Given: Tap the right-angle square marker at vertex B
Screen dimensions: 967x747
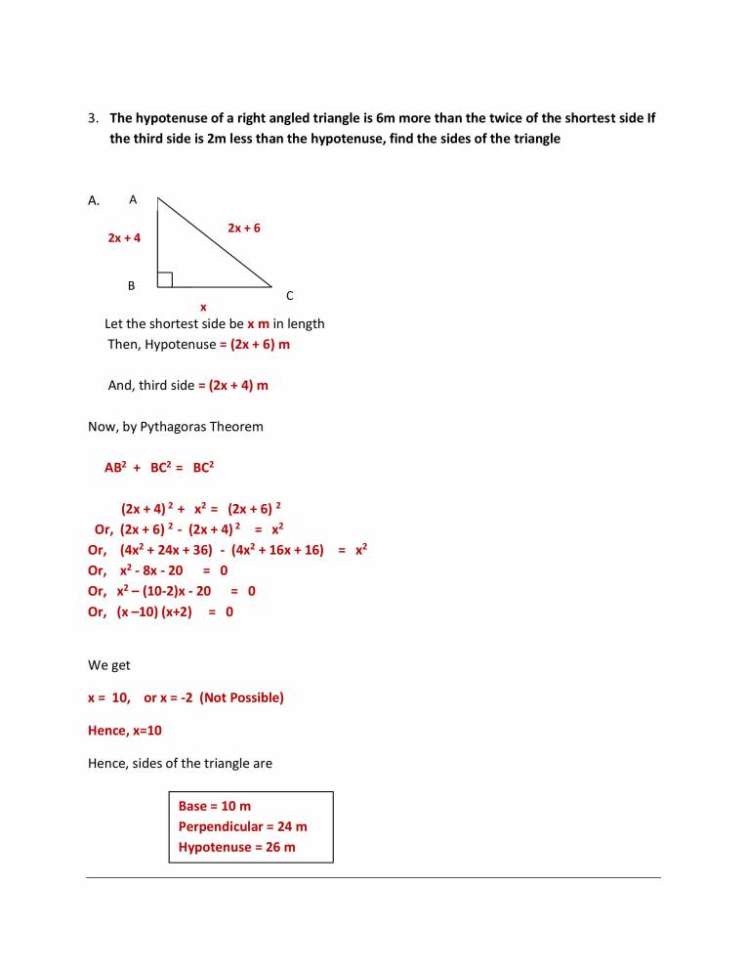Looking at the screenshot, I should click(x=165, y=280).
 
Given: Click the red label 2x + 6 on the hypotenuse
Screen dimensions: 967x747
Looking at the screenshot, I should click(x=244, y=228).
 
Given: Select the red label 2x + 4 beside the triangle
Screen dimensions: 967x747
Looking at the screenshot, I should click(x=124, y=237).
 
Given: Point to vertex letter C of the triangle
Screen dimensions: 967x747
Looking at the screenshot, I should click(x=289, y=295).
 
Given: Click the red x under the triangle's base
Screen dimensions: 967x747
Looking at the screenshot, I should click(x=203, y=307).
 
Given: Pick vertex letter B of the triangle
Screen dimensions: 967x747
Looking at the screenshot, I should click(x=131, y=286).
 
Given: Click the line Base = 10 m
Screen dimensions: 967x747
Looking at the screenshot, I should click(x=214, y=806).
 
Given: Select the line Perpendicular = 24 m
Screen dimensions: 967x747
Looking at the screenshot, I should click(x=242, y=826).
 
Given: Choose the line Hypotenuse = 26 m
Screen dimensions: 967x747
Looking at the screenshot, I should click(x=236, y=847).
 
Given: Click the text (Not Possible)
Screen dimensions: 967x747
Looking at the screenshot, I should click(x=241, y=697).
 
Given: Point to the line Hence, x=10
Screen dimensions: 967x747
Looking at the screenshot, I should click(x=125, y=731).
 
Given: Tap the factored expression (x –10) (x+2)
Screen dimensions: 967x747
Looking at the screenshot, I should click(x=154, y=612).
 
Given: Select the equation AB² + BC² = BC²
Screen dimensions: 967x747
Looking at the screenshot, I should click(x=159, y=468).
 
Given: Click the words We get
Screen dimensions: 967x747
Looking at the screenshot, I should click(x=109, y=665).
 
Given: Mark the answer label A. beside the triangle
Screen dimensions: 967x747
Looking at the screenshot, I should click(x=95, y=201).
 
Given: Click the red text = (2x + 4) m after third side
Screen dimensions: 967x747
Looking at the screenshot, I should click(x=233, y=385).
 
